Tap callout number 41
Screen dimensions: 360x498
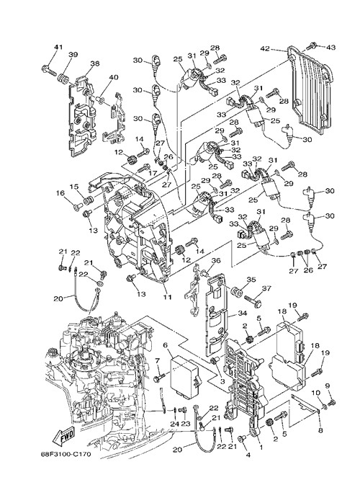(58, 47)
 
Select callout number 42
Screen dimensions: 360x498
(264, 48)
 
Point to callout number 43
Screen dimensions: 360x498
(330, 48)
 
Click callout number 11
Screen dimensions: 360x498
(167, 297)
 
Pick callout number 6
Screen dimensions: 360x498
(165, 344)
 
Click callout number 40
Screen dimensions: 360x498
(114, 78)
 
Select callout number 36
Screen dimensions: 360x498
(216, 260)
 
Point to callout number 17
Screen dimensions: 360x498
(153, 174)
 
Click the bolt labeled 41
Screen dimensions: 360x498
(49, 71)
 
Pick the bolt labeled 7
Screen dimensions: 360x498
(160, 378)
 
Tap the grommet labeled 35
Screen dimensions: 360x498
(236, 291)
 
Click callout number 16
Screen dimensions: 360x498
(60, 192)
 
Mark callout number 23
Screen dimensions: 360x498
(185, 424)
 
